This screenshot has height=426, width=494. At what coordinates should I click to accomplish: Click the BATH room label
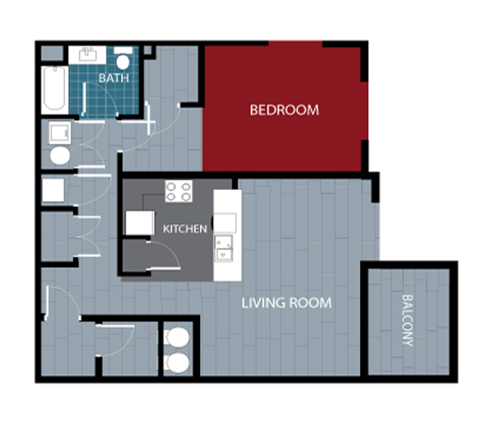pos(114,78)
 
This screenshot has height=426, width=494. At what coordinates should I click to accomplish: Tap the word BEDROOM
pos(284,110)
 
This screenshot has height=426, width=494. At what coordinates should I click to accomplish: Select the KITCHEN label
pos(185,228)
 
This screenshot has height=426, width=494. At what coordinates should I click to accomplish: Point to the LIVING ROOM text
pos(286,302)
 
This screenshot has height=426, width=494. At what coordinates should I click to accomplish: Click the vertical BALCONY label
pos(408,320)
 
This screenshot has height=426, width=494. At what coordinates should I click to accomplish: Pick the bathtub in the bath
pos(55,89)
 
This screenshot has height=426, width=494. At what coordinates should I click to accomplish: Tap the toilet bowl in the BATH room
pos(123,62)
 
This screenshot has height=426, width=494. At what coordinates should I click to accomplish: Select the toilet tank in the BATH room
pos(123,50)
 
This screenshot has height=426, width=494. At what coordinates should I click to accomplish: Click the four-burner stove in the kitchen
pos(179,191)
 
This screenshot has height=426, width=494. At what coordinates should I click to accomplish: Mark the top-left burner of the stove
pos(171,187)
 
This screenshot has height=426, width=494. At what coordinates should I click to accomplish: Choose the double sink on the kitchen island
pos(224,248)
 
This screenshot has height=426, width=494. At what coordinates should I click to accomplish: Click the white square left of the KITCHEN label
pos(140,222)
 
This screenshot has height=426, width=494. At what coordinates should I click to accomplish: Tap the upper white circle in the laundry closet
pos(177,337)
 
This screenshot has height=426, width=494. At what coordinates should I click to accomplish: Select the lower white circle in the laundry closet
pos(177,363)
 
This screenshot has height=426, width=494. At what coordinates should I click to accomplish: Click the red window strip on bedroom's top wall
pos(296,43)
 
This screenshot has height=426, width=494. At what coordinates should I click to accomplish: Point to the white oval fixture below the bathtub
pos(60,156)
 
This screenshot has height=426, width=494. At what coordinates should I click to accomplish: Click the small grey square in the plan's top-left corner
pos(52,53)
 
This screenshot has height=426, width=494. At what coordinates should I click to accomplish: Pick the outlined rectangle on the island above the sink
pos(225,222)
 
